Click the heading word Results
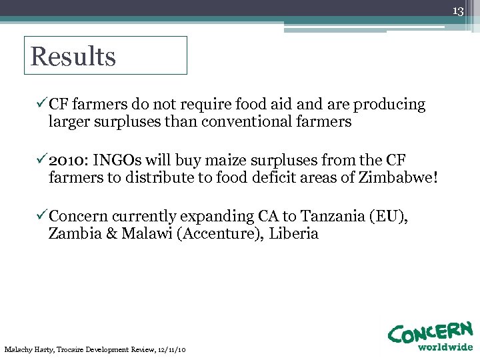(x=73, y=57)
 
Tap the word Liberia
(x=294, y=233)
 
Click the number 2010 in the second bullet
(x=69, y=160)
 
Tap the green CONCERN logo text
(x=431, y=332)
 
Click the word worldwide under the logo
(x=445, y=347)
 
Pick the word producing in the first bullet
(x=389, y=105)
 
